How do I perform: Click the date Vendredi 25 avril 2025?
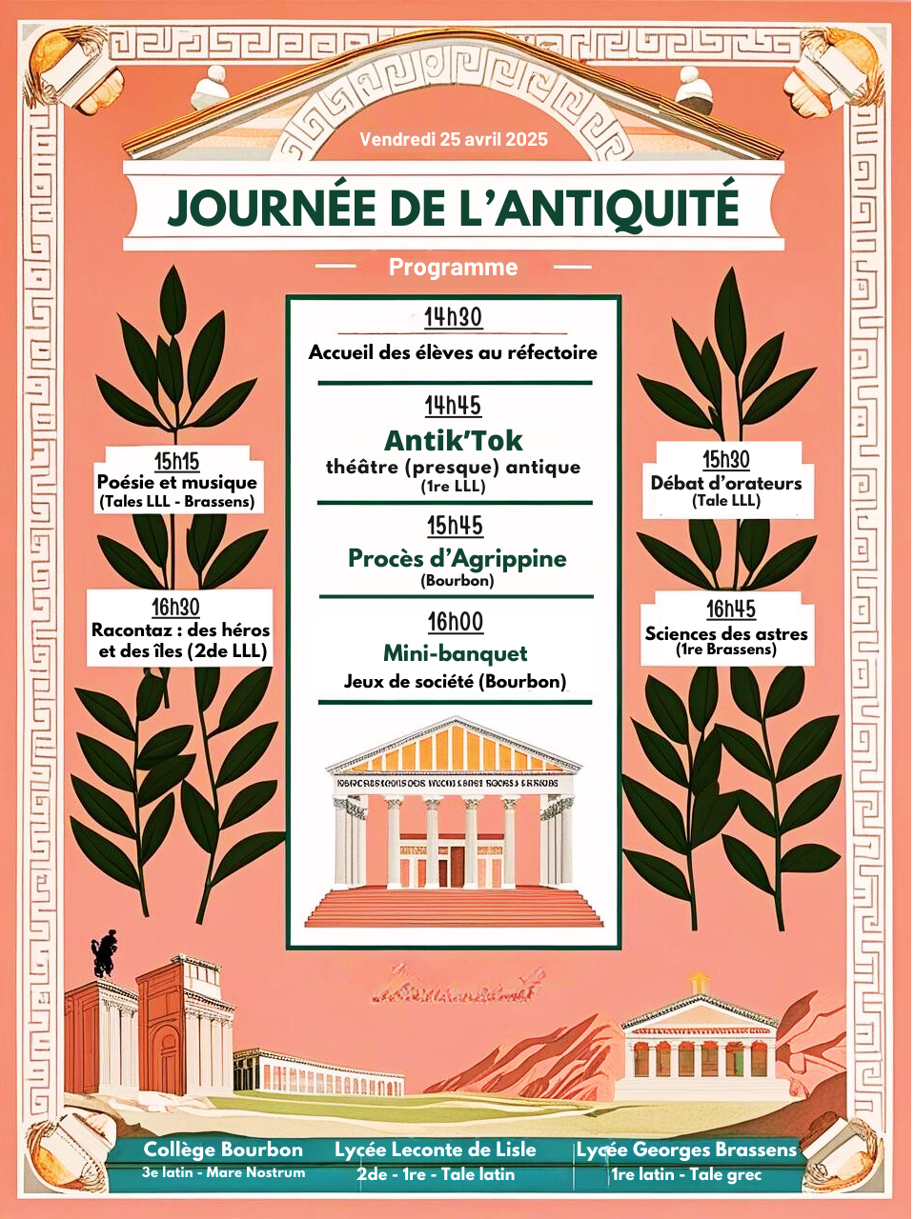point(454,139)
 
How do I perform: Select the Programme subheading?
point(453,268)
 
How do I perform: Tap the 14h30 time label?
point(453,317)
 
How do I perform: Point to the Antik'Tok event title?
point(454,440)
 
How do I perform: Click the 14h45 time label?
point(453,406)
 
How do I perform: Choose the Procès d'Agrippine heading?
point(457,558)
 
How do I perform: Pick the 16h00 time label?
point(456,622)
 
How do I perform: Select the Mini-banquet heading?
point(455,653)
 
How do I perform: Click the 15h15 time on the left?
point(176,462)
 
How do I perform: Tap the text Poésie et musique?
point(177,482)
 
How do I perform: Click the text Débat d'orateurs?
point(726,483)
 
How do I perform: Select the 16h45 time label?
point(731,609)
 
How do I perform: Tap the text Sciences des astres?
point(726,633)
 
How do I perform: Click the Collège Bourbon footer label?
point(223,1149)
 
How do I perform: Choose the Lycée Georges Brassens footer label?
point(686,1149)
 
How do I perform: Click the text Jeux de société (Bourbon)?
point(455,681)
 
